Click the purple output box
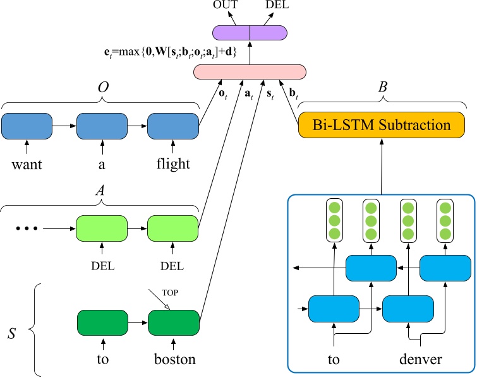[250, 33]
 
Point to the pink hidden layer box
[250, 72]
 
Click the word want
[27, 165]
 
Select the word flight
[172, 165]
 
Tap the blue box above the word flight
[172, 127]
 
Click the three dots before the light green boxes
[28, 227]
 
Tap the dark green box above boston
[172, 322]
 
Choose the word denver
[420, 360]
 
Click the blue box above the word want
[27, 127]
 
